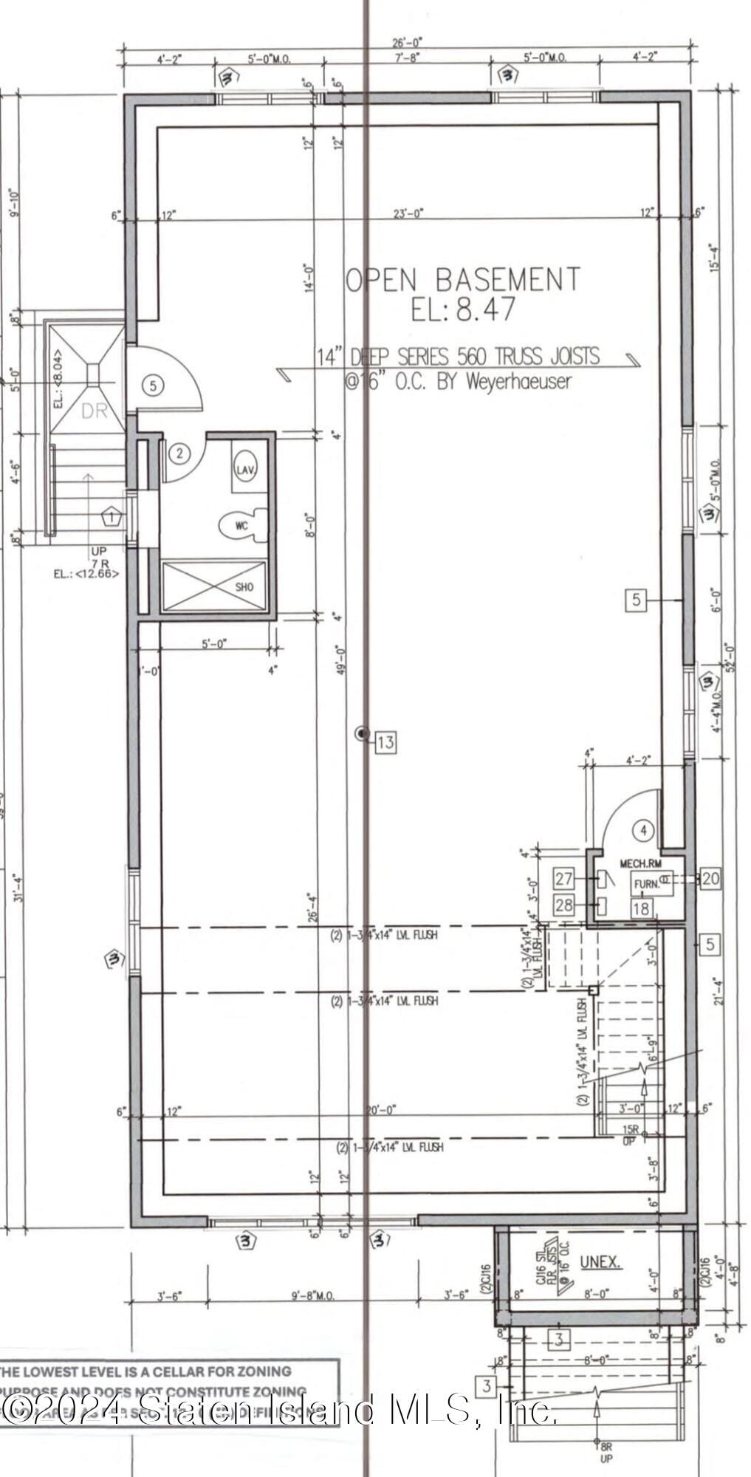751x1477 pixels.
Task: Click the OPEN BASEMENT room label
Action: (463, 279)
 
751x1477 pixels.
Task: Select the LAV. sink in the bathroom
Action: (245, 468)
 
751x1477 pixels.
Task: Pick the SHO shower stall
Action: (214, 586)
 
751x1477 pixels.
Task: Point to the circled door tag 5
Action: (152, 385)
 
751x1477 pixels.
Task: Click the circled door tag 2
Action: (179, 453)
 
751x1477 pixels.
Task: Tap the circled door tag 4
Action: (645, 830)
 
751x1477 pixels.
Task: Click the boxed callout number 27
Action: (564, 879)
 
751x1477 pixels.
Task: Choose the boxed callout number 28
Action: (564, 905)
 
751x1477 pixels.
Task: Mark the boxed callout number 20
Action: (711, 878)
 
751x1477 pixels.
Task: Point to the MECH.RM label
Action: (641, 863)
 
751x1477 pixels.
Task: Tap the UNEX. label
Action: (600, 1262)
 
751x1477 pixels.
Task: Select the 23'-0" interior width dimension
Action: (408, 213)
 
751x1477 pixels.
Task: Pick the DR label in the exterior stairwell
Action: (94, 411)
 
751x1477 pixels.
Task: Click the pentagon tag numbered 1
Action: (112, 516)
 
